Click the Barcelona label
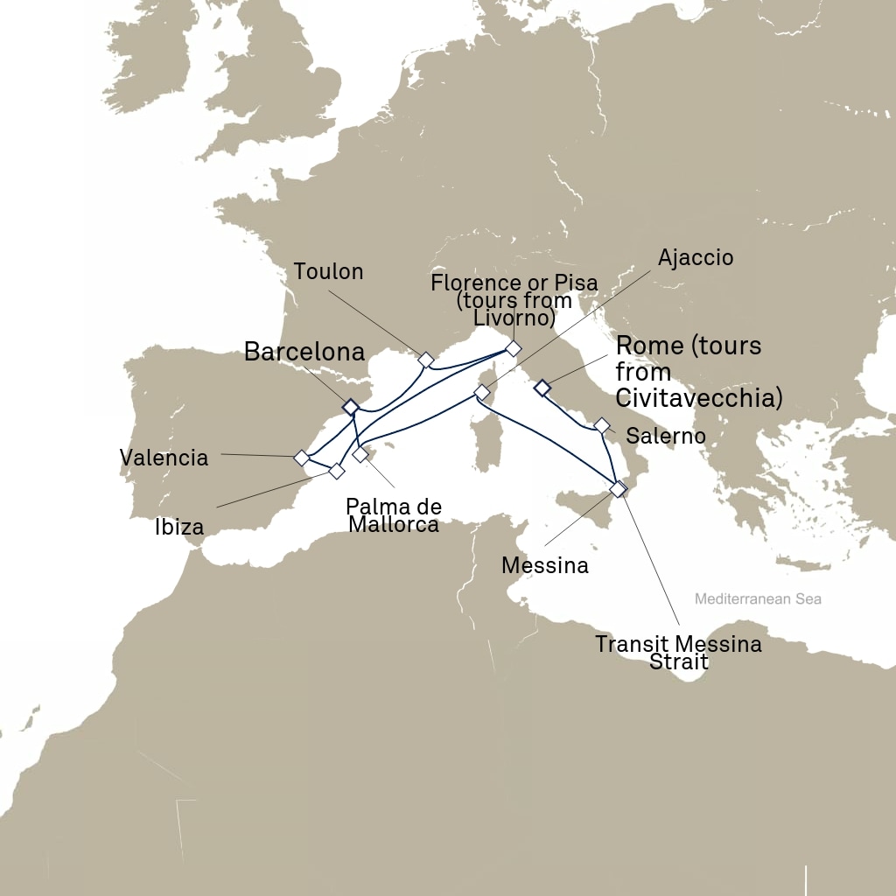tap(304, 353)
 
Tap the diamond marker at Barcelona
tap(351, 407)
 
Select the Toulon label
tap(328, 271)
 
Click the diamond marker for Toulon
tap(426, 360)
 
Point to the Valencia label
tap(164, 457)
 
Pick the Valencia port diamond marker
tap(301, 458)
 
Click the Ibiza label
tap(179, 527)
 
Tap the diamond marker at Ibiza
tap(336, 471)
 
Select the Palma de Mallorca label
tap(393, 515)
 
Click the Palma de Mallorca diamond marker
tap(360, 454)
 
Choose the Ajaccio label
tap(696, 257)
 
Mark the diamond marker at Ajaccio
tap(481, 392)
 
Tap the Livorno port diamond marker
tap(514, 348)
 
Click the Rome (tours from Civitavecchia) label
tap(696, 371)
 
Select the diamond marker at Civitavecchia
tap(542, 388)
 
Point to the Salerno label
tap(666, 436)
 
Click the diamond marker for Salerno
tap(602, 425)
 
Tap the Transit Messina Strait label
tap(678, 653)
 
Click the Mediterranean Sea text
tap(758, 599)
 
